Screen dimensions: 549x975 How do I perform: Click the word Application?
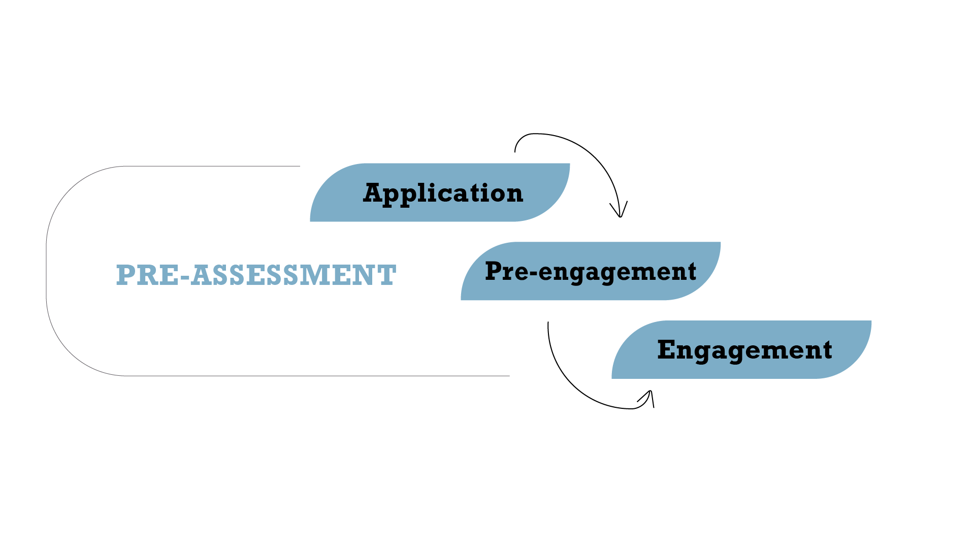443,193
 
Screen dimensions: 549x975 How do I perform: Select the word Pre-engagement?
590,272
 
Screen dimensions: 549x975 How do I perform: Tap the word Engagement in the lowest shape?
744,350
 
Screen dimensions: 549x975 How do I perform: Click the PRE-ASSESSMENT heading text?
256,275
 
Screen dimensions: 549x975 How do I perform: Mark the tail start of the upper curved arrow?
515,151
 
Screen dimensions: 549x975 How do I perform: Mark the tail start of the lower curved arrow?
548,322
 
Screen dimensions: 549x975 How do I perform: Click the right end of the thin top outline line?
299,166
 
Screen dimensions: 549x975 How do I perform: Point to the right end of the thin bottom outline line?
508,376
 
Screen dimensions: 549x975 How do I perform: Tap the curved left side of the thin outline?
47,271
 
